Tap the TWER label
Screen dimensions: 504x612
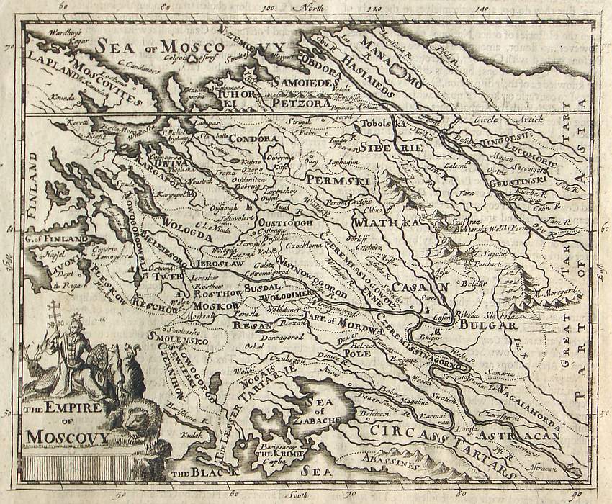pyautogui.click(x=170, y=276)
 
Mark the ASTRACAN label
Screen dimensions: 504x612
pyautogui.click(x=521, y=437)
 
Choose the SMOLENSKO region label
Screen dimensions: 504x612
pyautogui.click(x=177, y=338)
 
